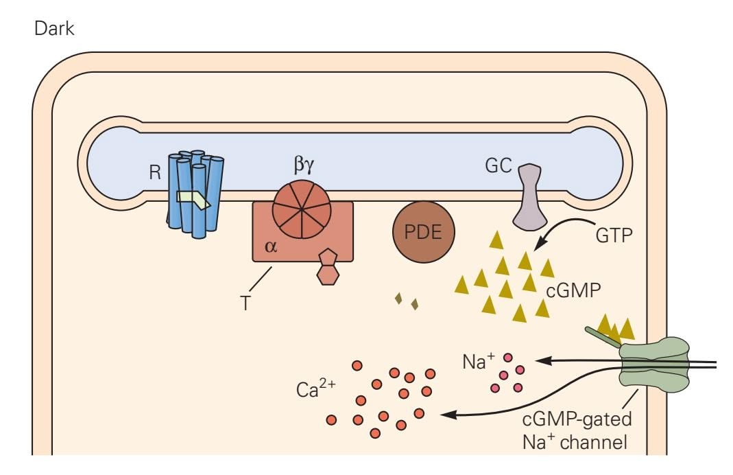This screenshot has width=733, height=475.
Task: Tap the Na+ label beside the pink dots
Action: pyautogui.click(x=474, y=362)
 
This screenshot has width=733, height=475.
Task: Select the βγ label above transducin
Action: pyautogui.click(x=302, y=165)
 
